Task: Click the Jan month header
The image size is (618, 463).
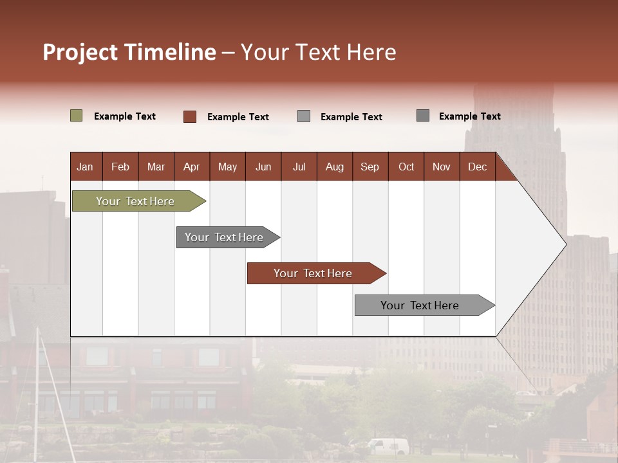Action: (x=85, y=167)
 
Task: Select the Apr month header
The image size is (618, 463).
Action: (x=191, y=167)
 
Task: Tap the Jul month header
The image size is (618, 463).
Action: (x=299, y=167)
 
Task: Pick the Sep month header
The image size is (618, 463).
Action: (x=370, y=167)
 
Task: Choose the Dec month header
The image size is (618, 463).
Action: (x=477, y=167)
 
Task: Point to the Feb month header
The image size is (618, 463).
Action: (x=120, y=167)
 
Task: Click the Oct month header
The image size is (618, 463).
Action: (x=406, y=167)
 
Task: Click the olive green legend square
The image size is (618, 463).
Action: (x=76, y=116)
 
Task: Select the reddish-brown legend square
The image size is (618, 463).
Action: (x=190, y=116)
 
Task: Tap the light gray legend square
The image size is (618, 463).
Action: (x=304, y=116)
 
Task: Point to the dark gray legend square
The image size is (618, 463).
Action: (x=423, y=116)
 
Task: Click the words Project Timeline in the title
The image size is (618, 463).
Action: (x=129, y=52)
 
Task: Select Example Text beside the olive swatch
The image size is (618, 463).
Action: (x=125, y=116)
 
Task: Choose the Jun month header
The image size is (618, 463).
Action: (x=263, y=167)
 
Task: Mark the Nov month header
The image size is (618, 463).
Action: (x=442, y=167)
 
